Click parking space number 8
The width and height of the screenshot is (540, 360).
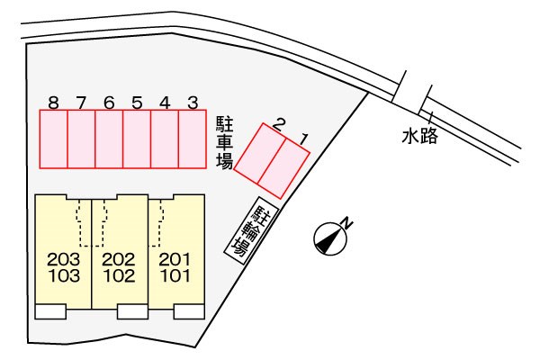point(53,139)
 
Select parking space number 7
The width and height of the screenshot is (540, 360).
point(81,139)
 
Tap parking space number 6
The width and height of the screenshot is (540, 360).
point(109,139)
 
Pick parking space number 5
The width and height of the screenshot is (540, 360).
point(137,139)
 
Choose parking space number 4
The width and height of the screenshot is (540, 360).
point(165,139)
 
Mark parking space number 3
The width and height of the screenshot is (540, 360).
point(193,139)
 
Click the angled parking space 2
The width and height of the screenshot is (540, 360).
point(260,153)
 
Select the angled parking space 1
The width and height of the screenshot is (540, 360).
point(284,168)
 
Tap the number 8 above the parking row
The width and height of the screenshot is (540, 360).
point(53,103)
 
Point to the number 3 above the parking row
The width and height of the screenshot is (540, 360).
point(193,103)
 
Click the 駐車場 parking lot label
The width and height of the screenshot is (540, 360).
point(225,142)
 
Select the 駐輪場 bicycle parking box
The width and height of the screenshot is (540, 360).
point(251,230)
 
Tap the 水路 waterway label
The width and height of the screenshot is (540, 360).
point(419,135)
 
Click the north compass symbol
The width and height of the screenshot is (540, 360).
point(330,238)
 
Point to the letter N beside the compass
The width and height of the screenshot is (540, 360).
point(347,223)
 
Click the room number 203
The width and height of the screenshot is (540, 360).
point(64,259)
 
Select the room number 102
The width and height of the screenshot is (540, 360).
point(119,276)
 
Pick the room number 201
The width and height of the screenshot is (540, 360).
point(175,259)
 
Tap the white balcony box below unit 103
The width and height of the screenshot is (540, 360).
point(50,311)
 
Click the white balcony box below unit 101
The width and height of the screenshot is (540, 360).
point(189,311)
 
